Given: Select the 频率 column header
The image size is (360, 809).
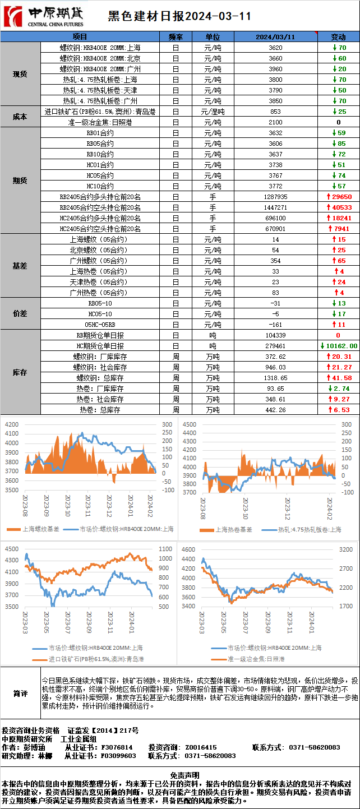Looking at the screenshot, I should (x=176, y=37).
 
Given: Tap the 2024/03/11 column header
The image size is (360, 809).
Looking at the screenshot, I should (x=275, y=37).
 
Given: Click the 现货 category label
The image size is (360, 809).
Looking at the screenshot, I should (x=20, y=74).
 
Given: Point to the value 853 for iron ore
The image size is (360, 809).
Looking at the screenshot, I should (x=275, y=112).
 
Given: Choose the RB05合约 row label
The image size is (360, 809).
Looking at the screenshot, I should (x=100, y=144).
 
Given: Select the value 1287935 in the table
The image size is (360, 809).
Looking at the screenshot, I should (x=275, y=197).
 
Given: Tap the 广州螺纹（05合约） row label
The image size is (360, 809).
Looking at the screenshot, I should (x=100, y=261).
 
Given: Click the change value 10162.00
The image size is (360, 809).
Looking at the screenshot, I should (x=339, y=346).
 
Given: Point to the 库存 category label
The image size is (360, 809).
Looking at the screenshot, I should (x=20, y=372).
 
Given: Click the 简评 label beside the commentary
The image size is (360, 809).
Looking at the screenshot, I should (x=20, y=694).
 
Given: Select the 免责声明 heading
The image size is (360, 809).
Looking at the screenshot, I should (x=180, y=774).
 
